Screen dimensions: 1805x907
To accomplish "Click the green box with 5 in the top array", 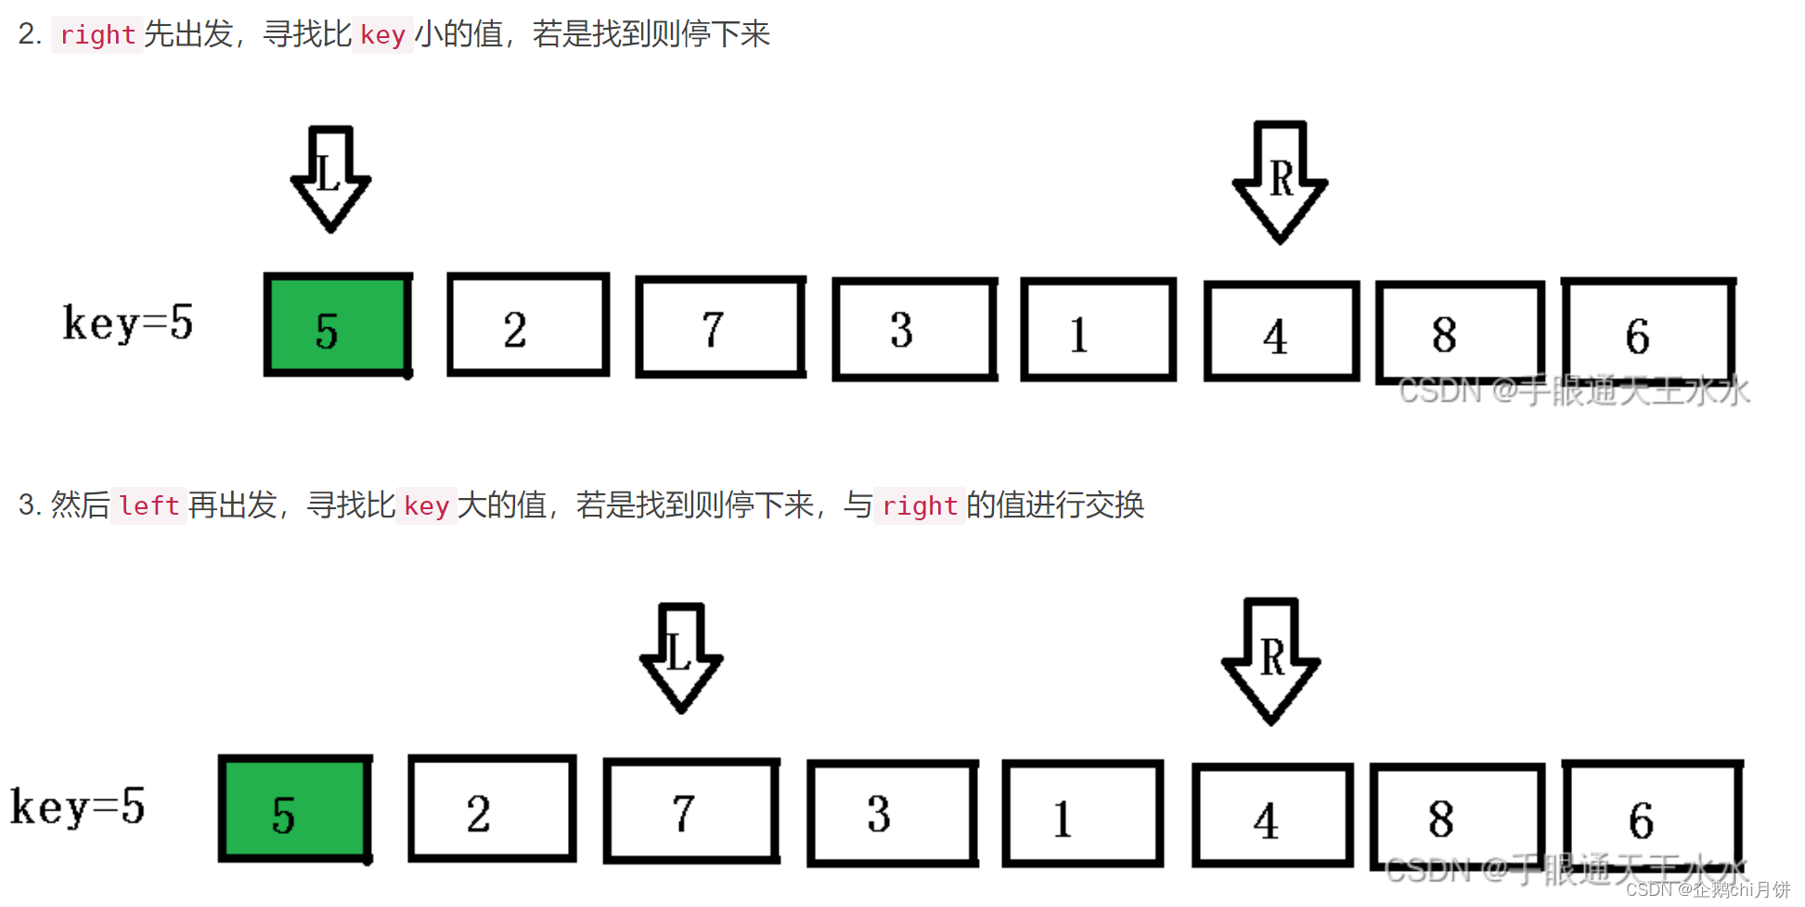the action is (338, 325).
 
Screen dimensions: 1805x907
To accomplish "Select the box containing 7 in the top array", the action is (720, 327).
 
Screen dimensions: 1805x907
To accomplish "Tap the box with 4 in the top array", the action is (1282, 331).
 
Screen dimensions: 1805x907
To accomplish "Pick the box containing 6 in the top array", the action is (1648, 329).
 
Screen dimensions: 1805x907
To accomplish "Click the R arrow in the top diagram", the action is (1280, 182).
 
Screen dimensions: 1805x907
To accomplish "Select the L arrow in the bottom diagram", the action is (681, 657).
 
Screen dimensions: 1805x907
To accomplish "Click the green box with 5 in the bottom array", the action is (295, 809).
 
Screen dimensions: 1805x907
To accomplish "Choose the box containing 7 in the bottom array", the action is (691, 811).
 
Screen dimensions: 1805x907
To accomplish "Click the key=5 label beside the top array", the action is (128, 324).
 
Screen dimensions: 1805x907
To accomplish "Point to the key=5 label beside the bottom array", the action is (78, 807).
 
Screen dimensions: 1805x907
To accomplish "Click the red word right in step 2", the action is (97, 35).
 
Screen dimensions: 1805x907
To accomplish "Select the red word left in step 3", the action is (148, 506).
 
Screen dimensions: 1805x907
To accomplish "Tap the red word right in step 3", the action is (919, 506).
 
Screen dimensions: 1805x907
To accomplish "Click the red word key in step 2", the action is (382, 35).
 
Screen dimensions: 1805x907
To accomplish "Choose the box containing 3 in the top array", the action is (915, 329).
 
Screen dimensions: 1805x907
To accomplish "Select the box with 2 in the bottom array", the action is (492, 809).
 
